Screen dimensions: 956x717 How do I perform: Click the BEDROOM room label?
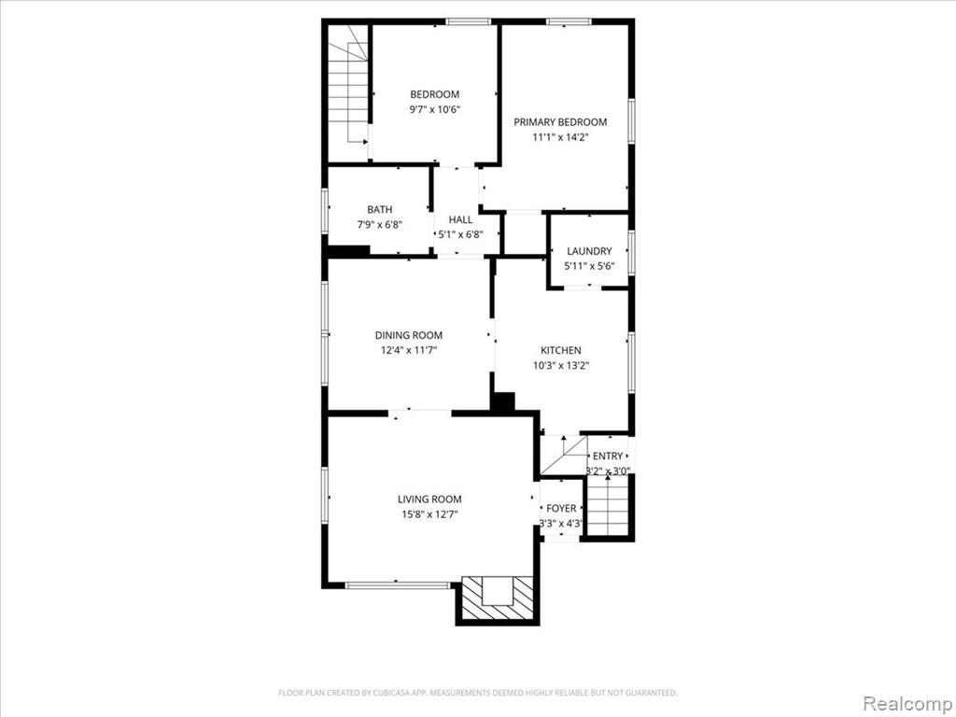click(435, 94)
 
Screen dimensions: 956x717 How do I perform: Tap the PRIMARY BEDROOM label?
click(560, 122)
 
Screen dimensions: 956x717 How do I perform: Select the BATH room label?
click(380, 210)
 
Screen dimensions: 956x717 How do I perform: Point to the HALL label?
click(461, 219)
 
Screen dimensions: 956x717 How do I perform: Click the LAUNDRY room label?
click(590, 251)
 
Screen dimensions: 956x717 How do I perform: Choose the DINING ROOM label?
click(409, 335)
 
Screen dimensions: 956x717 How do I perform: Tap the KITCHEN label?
click(561, 351)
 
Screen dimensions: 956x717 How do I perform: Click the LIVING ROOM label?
click(429, 499)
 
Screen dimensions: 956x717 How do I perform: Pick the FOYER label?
click(561, 509)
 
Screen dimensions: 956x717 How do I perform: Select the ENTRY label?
click(608, 456)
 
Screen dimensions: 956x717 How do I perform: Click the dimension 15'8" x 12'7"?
click(429, 514)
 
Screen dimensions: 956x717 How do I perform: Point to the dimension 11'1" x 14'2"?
click(560, 137)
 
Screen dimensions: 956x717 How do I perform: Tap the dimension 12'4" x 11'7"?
click(409, 351)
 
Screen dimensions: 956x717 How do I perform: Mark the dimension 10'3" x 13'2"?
click(561, 366)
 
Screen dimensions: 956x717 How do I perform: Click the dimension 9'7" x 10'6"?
click(435, 110)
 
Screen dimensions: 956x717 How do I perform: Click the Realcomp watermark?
click(908, 704)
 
